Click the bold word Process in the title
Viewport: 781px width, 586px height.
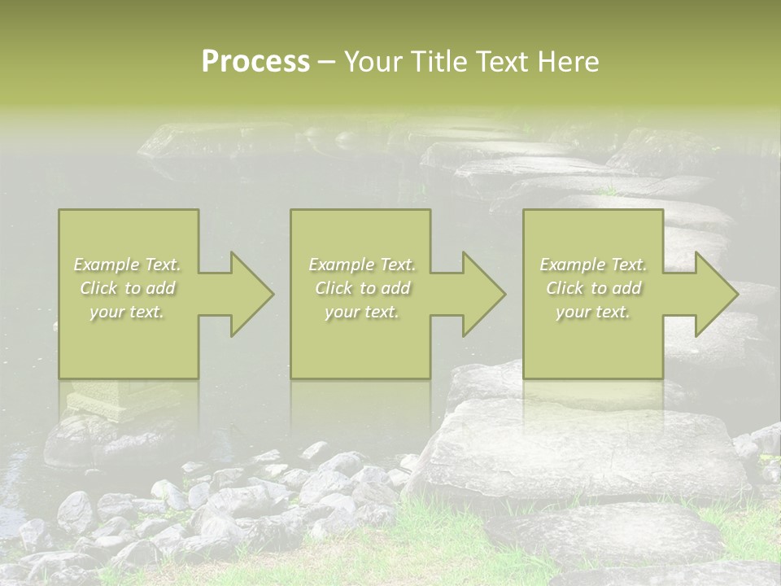(x=255, y=62)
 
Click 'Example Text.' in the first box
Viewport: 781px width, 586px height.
(x=128, y=265)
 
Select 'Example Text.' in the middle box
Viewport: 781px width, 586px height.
(x=361, y=265)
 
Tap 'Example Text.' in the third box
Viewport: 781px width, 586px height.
(x=593, y=265)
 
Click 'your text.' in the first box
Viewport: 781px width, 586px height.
(x=128, y=312)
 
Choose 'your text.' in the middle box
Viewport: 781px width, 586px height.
(x=361, y=312)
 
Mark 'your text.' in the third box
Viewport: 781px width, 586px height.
(x=593, y=312)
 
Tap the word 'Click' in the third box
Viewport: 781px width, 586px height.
(x=565, y=288)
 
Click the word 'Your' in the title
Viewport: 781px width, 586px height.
(x=371, y=62)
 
